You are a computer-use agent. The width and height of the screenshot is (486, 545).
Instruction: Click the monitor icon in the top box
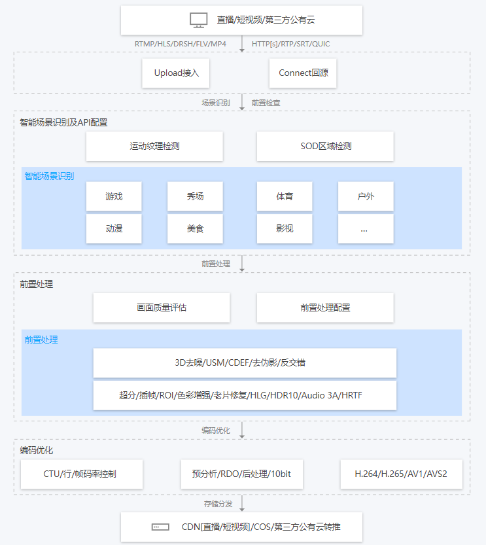(199, 20)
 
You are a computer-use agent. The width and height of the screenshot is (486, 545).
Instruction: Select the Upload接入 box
(176, 73)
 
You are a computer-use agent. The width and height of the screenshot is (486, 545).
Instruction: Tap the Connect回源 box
(303, 73)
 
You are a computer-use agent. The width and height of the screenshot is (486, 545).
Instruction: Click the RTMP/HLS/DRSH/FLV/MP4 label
(181, 44)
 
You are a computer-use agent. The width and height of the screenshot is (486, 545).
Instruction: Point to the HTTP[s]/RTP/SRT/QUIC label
(291, 44)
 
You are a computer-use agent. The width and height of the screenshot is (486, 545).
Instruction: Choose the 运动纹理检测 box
(154, 146)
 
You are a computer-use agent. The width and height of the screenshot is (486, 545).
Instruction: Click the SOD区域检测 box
(325, 146)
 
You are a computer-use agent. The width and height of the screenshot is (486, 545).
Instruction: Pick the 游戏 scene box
(114, 196)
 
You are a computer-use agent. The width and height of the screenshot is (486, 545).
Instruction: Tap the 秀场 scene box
(195, 196)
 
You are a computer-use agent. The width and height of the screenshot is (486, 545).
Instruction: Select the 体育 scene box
(285, 196)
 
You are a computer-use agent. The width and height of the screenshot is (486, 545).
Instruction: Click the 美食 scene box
(195, 228)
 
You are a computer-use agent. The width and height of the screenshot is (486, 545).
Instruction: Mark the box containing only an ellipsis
(366, 228)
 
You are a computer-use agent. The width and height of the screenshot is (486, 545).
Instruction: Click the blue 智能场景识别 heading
(49, 176)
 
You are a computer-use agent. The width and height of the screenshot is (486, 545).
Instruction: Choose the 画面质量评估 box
(162, 308)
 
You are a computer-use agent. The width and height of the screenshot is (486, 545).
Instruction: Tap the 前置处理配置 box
(325, 308)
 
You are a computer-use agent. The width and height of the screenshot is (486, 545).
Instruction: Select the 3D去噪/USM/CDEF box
(245, 363)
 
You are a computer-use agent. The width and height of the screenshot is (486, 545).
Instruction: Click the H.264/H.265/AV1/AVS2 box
(401, 474)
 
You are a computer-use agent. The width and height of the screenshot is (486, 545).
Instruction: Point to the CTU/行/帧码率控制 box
(82, 474)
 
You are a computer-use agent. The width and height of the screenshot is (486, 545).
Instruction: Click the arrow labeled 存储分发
(242, 503)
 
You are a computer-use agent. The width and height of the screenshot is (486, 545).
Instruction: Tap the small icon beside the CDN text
(160, 527)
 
